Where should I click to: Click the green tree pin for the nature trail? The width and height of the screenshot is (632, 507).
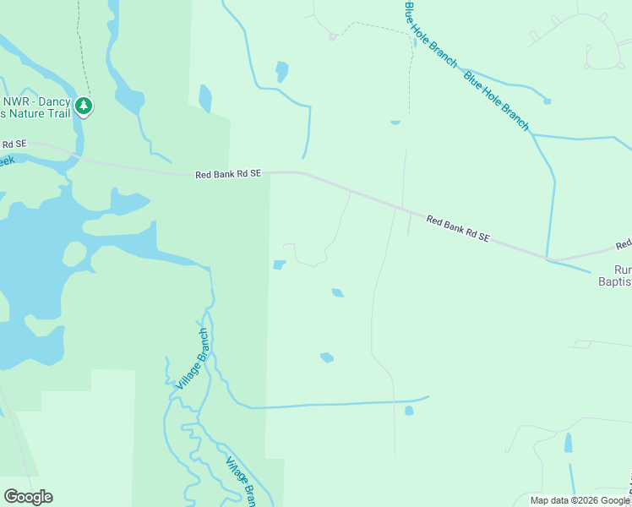pyautogui.click(x=83, y=106)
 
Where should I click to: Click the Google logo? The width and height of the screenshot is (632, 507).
pyautogui.click(x=28, y=497)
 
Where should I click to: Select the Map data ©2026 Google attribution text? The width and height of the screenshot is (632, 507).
pyautogui.click(x=579, y=500)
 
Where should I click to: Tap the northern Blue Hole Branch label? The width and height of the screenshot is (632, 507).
pyautogui.click(x=430, y=35)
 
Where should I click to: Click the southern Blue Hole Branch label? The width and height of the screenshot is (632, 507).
pyautogui.click(x=496, y=101)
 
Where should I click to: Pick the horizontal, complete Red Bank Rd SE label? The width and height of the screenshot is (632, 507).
pyautogui.click(x=228, y=174)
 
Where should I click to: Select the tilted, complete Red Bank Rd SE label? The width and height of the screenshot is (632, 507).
pyautogui.click(x=458, y=228)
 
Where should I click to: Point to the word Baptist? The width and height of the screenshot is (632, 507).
pyautogui.click(x=615, y=282)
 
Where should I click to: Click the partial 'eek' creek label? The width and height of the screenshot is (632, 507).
pyautogui.click(x=7, y=160)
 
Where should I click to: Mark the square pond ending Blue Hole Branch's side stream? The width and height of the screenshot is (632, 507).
pyautogui.click(x=548, y=101)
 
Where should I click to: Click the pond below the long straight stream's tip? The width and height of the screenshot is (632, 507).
pyautogui.click(x=409, y=411)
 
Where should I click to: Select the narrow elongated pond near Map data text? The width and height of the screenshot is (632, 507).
pyautogui.click(x=569, y=442)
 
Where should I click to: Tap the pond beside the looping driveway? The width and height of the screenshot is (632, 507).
pyautogui.click(x=279, y=265)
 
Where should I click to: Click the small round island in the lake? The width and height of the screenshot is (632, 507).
pyautogui.click(x=74, y=253)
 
